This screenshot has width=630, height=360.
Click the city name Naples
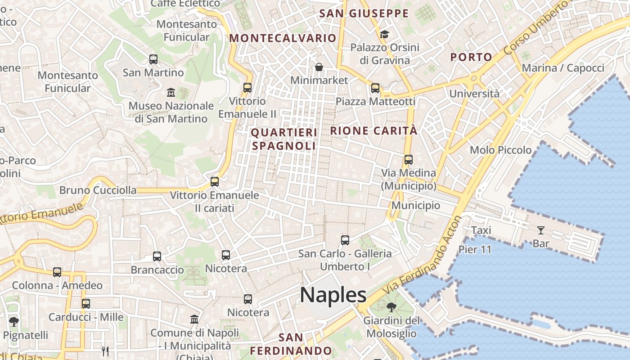coord(333,295)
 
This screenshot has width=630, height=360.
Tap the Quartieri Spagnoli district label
coord(283,139)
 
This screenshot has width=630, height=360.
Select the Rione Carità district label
coord(374,131)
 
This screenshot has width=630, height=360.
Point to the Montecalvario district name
coord(283,38)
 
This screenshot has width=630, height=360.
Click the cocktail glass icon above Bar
coord(540,230)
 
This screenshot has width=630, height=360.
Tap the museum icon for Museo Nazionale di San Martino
coord(171,93)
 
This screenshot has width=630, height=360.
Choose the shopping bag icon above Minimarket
coord(319,67)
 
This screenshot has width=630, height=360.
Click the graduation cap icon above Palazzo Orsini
coord(384,34)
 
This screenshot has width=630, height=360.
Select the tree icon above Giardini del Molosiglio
coord(391,308)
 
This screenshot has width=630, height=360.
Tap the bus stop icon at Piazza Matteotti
coord(375,88)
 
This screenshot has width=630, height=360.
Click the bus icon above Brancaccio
coord(157,256)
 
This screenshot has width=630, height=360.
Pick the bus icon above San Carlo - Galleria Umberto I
coord(345,240)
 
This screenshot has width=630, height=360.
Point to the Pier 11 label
coord(475,250)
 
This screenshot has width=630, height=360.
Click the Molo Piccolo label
coord(500,150)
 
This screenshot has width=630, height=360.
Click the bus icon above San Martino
coord(153,59)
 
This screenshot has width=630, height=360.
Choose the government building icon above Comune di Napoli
coord(194,319)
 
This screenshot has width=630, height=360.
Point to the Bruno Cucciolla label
coord(98,190)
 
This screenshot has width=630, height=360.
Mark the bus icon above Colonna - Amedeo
coord(57,272)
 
